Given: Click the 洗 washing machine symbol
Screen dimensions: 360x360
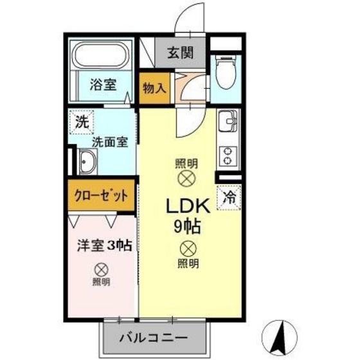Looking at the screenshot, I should (82, 121).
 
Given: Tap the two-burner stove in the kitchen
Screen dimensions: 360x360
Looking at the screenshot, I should (228, 154).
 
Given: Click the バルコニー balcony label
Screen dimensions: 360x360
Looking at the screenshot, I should (154, 338).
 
